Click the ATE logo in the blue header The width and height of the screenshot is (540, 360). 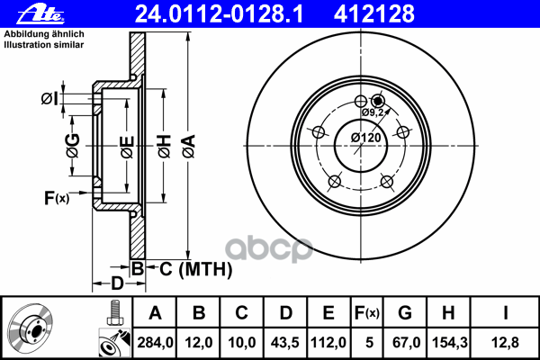(x=40, y=14)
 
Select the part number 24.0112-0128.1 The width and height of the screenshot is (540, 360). (x=219, y=14)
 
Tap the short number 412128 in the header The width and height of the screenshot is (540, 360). (x=374, y=14)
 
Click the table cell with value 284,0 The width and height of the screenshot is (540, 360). (x=155, y=342)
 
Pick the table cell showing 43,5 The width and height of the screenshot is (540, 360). (x=284, y=342)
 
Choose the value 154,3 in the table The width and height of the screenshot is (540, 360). (x=449, y=342)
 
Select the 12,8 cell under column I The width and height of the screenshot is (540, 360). (x=505, y=342)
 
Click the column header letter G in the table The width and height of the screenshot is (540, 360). (x=405, y=313)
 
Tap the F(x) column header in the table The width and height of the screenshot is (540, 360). (x=367, y=313)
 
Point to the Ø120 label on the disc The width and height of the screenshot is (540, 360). (x=365, y=138)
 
